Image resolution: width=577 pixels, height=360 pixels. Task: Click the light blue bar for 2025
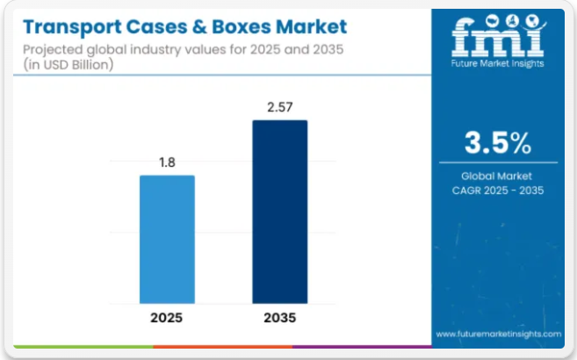point(167,239)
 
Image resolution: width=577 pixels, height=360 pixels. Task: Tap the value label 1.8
point(167,162)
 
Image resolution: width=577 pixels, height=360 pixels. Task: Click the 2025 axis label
point(167,317)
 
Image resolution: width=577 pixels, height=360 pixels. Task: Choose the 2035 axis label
point(279,317)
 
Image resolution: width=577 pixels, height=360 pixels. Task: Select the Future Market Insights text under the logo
point(498,63)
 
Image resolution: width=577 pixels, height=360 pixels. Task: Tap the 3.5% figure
point(497,142)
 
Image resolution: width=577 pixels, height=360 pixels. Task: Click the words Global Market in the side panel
point(497,176)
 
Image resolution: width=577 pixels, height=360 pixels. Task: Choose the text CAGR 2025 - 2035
point(497,190)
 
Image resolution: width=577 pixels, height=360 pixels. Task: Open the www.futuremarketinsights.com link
point(498,335)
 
